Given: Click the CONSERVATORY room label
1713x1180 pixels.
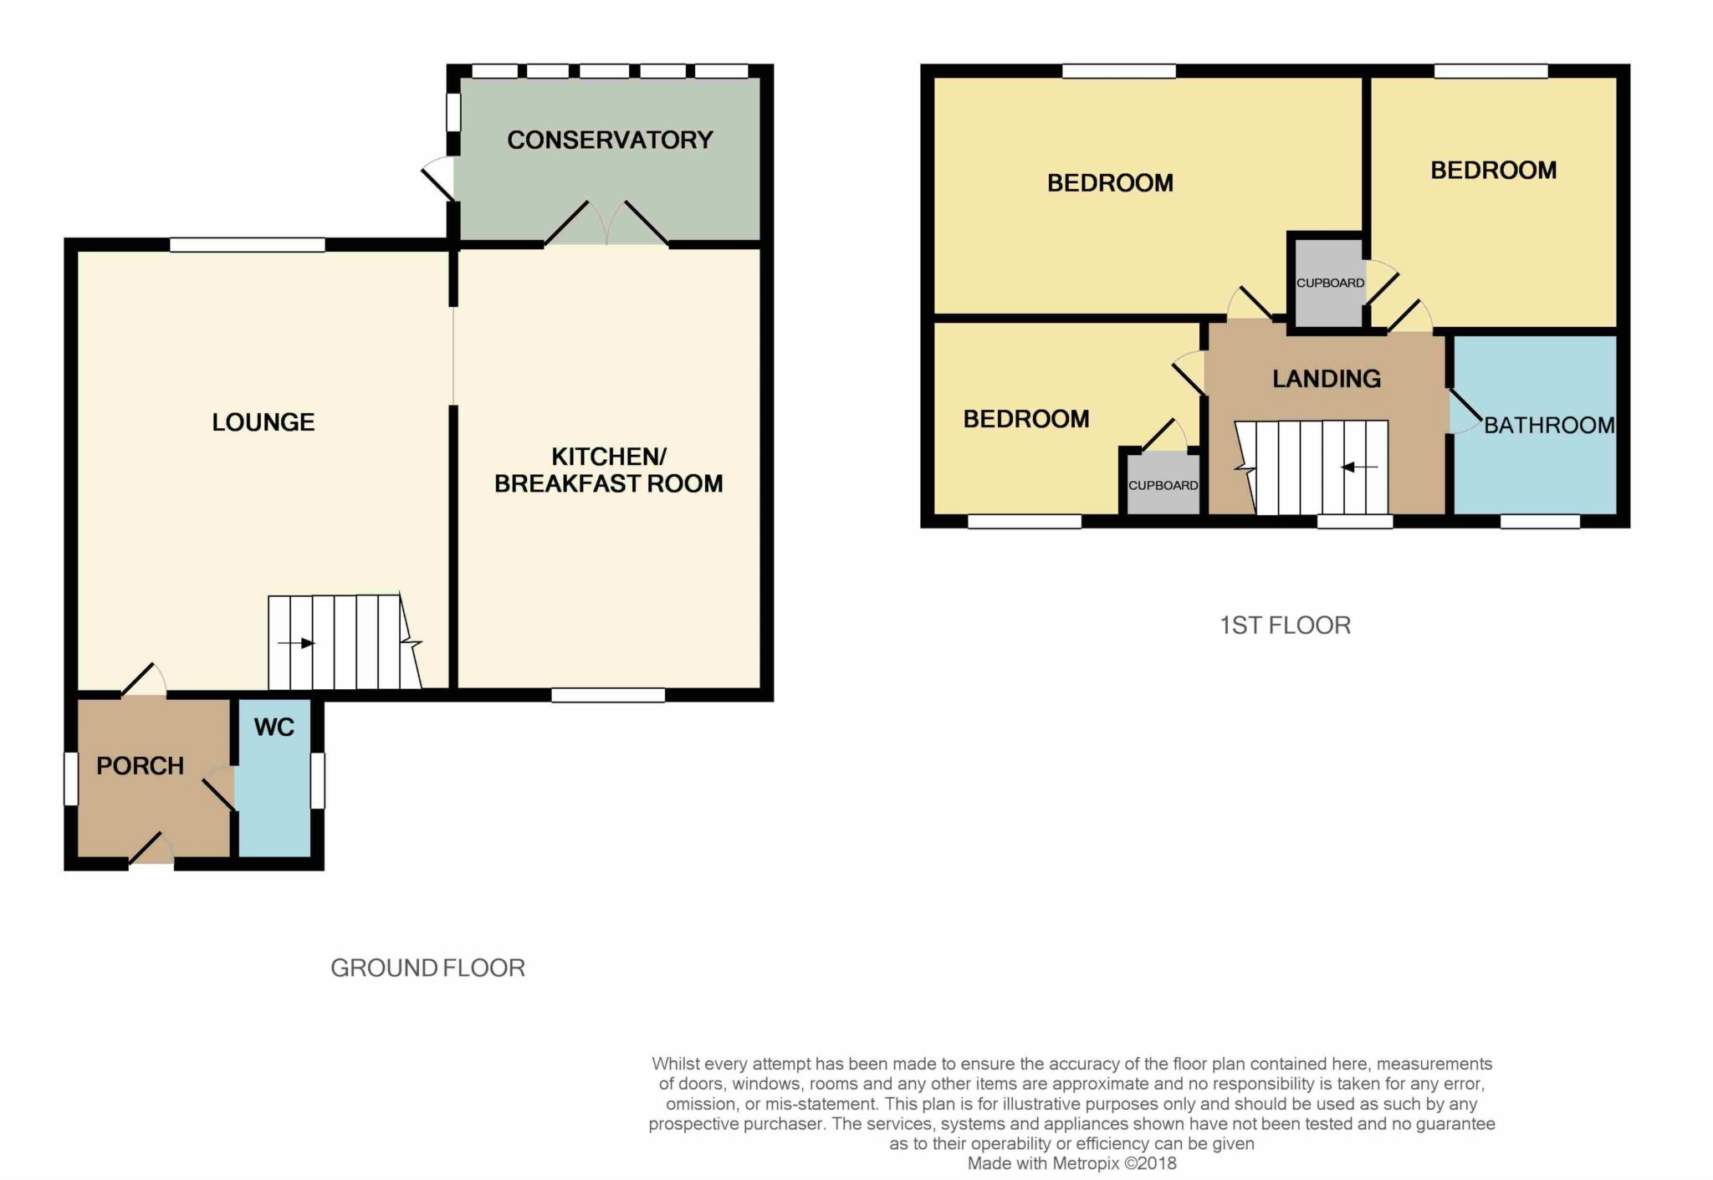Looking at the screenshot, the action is point(610,140).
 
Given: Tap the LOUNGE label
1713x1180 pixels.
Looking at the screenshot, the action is point(263,422).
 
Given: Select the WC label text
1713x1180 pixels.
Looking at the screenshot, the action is point(274,728).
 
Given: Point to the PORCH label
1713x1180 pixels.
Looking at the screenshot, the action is point(140,766).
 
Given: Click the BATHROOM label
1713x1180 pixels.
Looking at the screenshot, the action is point(1549,425).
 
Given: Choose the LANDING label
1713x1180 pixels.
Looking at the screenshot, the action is point(1327,379).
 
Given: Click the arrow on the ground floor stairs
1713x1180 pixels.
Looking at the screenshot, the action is point(296,643).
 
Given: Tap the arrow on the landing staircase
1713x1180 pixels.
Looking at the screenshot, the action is point(1359,467).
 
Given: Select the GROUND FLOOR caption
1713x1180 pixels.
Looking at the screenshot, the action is point(428,968).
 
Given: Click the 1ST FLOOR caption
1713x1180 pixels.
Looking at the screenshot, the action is point(1285,626).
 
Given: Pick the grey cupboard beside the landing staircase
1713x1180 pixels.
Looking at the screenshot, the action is point(1163,484).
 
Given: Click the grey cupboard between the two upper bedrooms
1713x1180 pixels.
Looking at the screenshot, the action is point(1330,283).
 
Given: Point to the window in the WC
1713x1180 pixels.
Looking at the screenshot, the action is point(318,781).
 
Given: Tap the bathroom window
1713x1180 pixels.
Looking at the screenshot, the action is point(1540,522).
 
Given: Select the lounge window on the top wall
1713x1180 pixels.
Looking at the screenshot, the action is point(248,245).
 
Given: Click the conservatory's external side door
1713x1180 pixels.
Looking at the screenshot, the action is point(438,179).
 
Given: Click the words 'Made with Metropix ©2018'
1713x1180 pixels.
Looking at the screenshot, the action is point(1072,1163).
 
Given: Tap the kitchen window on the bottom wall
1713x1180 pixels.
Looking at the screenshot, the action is point(608,695).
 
